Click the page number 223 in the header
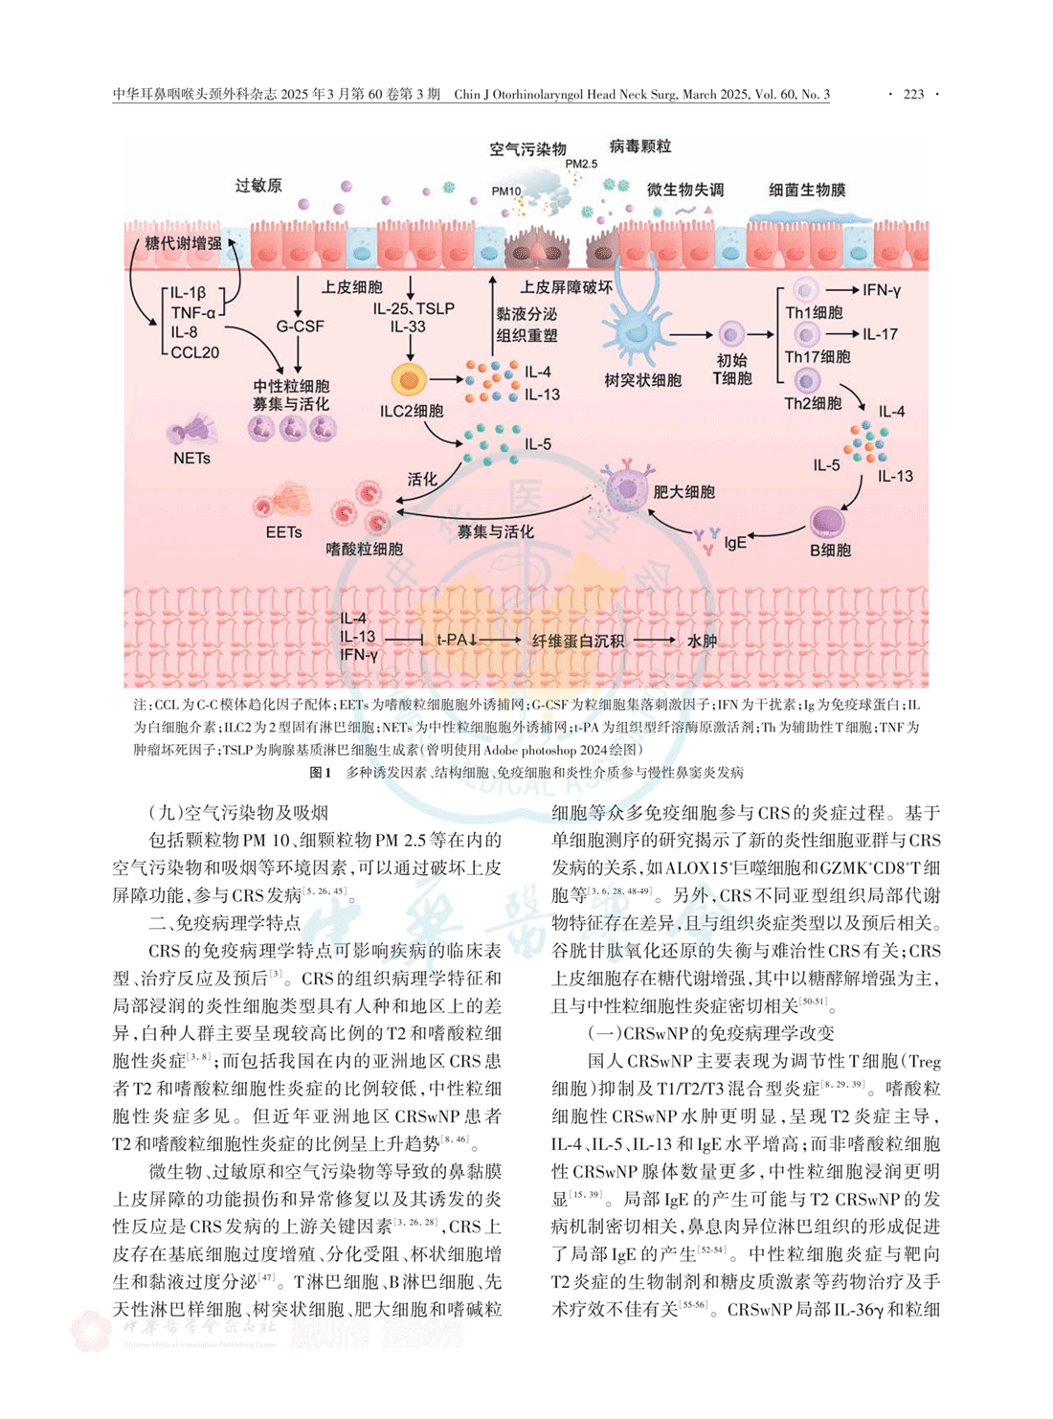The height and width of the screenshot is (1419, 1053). click(x=913, y=94)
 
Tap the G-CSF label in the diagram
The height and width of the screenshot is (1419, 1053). click(x=300, y=327)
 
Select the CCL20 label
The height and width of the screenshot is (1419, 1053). click(x=195, y=352)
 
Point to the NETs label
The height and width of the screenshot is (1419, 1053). click(x=191, y=459)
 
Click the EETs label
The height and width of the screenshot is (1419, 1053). click(x=284, y=531)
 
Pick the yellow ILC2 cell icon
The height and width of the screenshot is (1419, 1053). click(x=409, y=379)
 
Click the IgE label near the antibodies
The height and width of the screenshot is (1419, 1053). click(x=735, y=542)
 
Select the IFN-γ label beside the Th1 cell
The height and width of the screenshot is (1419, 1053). click(x=882, y=290)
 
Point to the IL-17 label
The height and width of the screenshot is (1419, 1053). click(x=880, y=334)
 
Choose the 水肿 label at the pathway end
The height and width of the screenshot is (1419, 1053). click(x=702, y=641)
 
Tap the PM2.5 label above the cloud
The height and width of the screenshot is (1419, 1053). click(x=581, y=164)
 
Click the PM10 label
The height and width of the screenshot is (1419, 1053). click(x=506, y=191)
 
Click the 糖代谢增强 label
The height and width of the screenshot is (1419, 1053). click(x=183, y=243)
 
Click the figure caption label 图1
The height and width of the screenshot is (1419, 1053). click(x=320, y=772)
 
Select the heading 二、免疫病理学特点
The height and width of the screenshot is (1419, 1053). click(x=225, y=923)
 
